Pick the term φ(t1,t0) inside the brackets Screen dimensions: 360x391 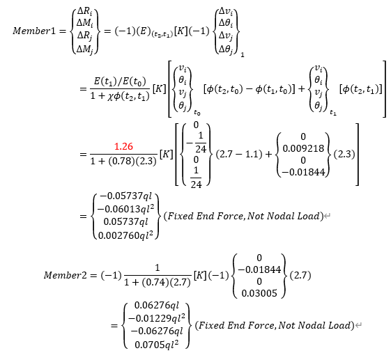pyautogui.click(x=266, y=88)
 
